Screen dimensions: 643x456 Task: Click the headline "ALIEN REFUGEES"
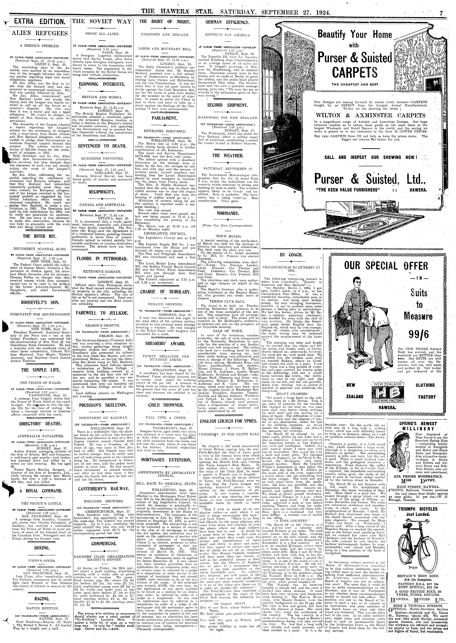36,33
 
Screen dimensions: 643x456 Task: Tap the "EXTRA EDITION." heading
36,21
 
